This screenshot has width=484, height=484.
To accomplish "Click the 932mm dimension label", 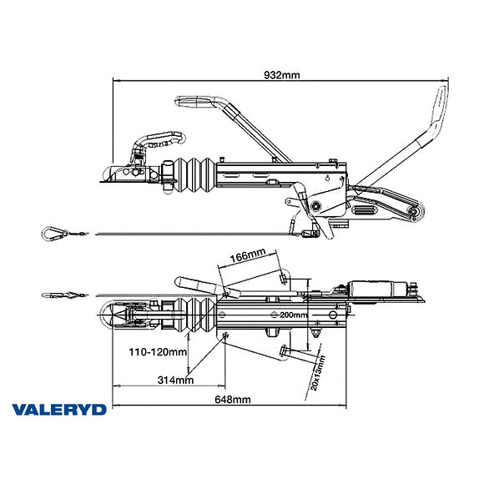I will [282, 75].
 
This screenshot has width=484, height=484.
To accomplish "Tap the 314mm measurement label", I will [174, 380].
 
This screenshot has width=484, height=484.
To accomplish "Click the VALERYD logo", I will [58, 410].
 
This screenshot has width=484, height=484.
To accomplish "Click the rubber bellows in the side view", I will [193, 177].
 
